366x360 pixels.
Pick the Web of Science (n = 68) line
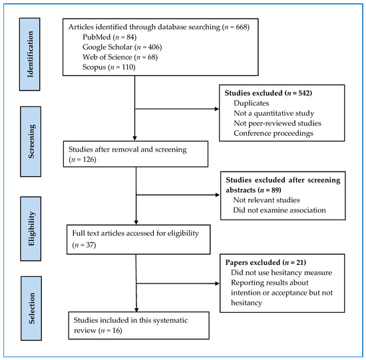tap(120, 60)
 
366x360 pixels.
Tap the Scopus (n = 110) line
tap(106, 71)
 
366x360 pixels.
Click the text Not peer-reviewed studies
tap(277, 123)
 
